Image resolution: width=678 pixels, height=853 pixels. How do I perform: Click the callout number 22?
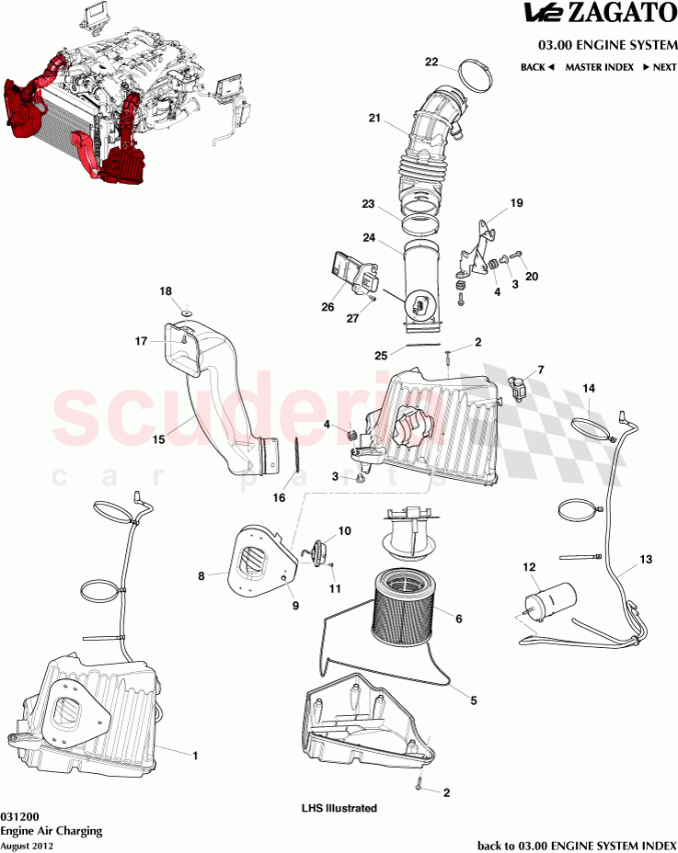pos(431,62)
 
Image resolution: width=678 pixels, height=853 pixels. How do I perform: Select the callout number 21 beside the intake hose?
pos(373,118)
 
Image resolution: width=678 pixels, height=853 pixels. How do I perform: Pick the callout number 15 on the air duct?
pos(159,439)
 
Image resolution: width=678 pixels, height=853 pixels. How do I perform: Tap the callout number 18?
pos(166,290)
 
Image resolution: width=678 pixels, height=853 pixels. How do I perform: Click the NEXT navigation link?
pos(659,67)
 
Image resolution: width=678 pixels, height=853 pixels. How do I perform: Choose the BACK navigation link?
pos(537,67)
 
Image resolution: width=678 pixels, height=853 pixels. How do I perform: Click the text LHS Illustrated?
pos(339,808)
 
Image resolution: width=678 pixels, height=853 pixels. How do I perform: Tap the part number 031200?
pos(19,815)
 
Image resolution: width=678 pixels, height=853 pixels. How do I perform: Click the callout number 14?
pos(589,389)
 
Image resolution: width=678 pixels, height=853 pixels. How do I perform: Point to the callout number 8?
pos(201,576)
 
